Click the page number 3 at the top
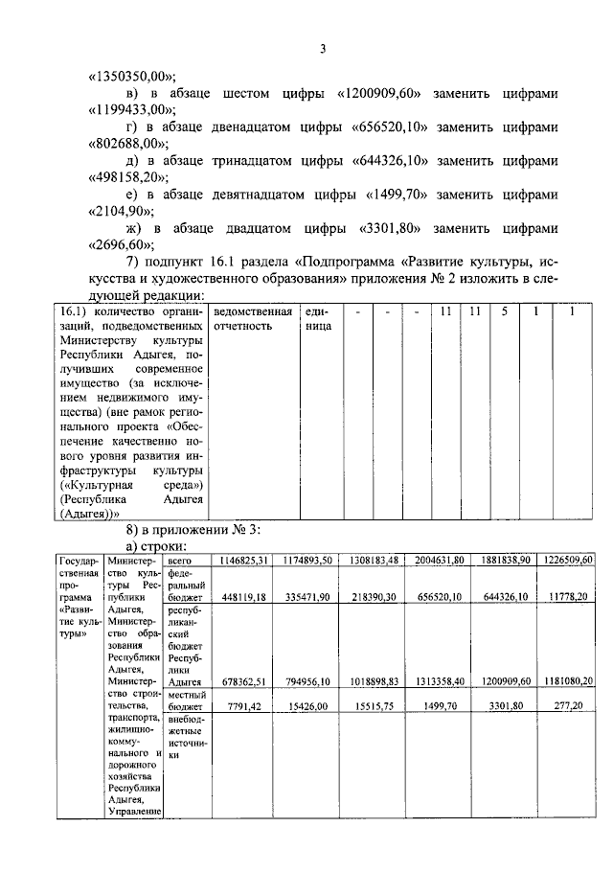tap(323, 51)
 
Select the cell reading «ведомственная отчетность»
tap(253, 319)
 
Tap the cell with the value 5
tap(504, 312)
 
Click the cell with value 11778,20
tap(573, 597)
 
